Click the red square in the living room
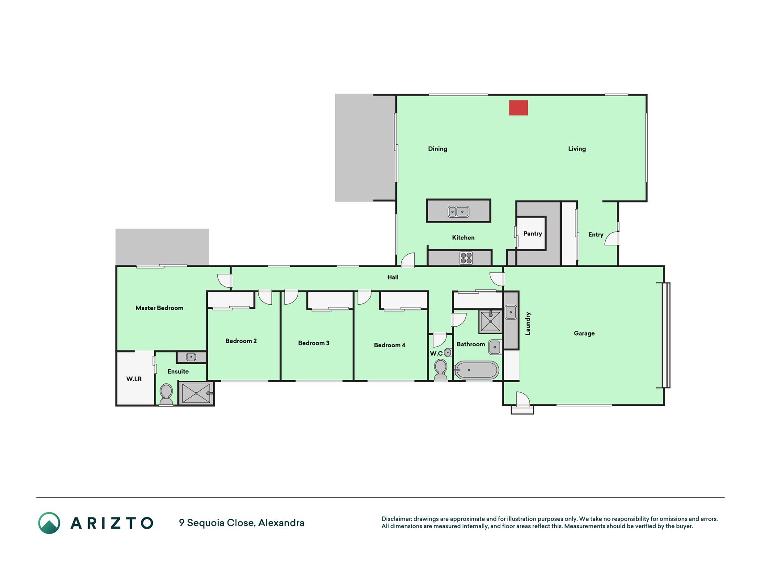(x=519, y=108)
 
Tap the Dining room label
(x=438, y=149)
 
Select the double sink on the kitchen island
(x=459, y=211)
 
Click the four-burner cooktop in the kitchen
(x=466, y=258)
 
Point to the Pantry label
(x=532, y=234)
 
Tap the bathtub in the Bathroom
(x=476, y=370)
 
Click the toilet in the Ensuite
(x=166, y=394)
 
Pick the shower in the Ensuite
(x=196, y=393)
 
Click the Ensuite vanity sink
(x=191, y=357)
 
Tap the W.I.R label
(x=134, y=379)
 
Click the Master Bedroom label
(x=160, y=308)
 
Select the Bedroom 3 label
(x=314, y=343)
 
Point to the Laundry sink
(x=511, y=312)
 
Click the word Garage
(x=584, y=333)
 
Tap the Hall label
(x=393, y=278)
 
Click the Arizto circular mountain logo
(x=49, y=523)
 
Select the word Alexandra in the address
(x=281, y=523)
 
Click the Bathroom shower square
(x=490, y=322)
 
